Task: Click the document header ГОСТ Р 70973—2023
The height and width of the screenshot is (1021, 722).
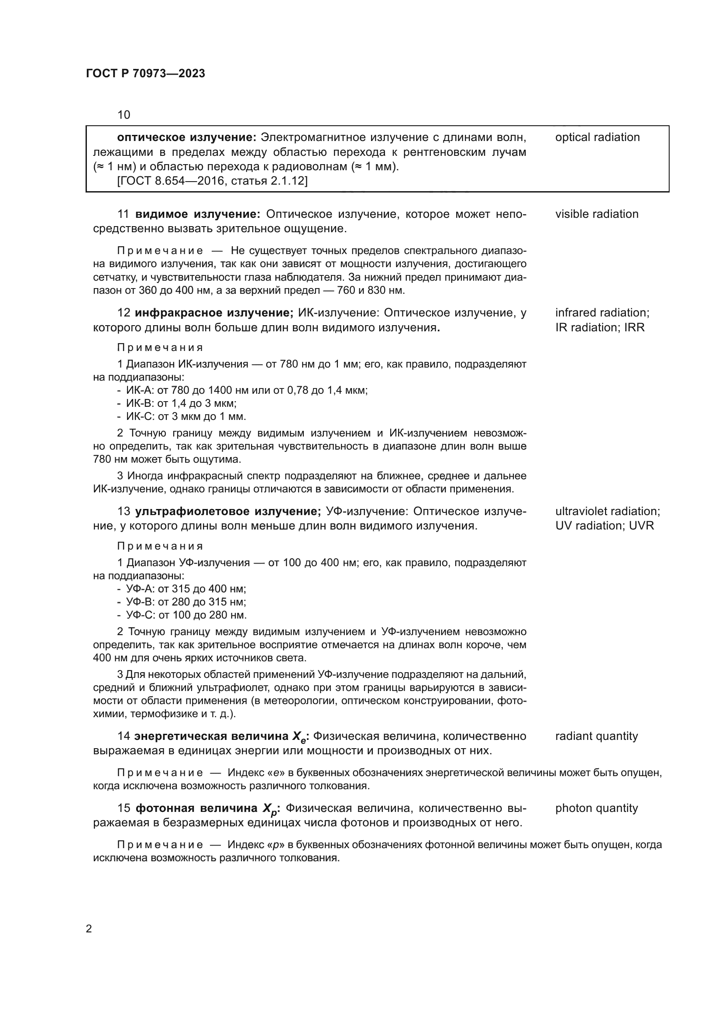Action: [145, 74]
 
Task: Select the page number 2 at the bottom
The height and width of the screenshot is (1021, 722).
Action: [89, 929]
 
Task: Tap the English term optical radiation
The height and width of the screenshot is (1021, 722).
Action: [597, 138]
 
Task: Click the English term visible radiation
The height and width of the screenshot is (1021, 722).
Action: [596, 214]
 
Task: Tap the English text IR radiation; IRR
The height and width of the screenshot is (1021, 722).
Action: [599, 327]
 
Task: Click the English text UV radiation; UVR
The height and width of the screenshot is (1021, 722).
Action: [604, 526]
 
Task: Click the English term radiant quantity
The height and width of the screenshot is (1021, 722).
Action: [596, 736]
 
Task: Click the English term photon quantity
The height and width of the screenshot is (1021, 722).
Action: [596, 808]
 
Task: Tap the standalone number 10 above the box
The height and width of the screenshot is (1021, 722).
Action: [124, 115]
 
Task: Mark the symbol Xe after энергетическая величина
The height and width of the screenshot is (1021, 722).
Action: [299, 737]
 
